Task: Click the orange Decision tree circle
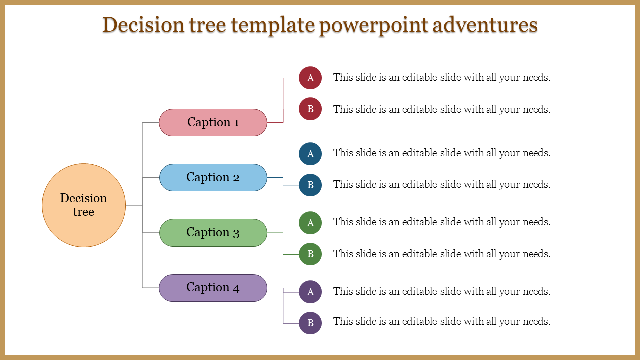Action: click(x=84, y=205)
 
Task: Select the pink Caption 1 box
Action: click(x=213, y=122)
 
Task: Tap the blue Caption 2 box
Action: click(x=213, y=177)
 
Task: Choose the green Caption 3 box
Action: click(x=213, y=232)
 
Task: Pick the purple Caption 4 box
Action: click(x=213, y=288)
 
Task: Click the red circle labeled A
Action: click(x=310, y=78)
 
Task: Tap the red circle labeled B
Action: click(x=310, y=109)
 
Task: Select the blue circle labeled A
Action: click(x=310, y=154)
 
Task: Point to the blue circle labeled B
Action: click(x=310, y=185)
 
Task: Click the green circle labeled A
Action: click(x=310, y=223)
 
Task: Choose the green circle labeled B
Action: click(x=310, y=254)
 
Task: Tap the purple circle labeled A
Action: click(x=310, y=292)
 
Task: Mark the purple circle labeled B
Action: click(x=310, y=323)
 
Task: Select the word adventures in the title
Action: click(x=485, y=25)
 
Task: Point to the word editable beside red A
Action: click(x=419, y=78)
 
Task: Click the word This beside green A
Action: click(x=343, y=222)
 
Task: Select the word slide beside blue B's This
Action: click(x=367, y=184)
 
